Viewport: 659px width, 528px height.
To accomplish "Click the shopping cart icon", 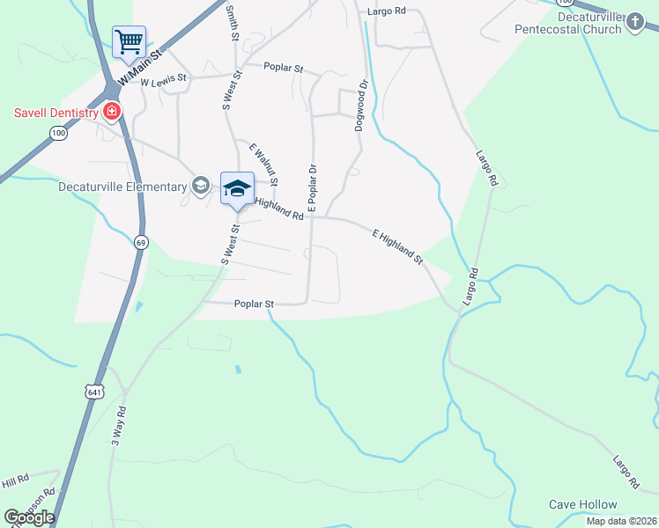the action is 129,40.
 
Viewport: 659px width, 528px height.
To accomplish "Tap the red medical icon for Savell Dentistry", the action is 112,111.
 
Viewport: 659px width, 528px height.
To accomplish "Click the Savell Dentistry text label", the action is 53,112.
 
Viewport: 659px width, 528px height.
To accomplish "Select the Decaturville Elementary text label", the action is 122,187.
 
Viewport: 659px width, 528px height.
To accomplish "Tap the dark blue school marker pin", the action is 237,188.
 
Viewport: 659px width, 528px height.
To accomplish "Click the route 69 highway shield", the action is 140,242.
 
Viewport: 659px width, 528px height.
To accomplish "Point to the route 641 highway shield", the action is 91,392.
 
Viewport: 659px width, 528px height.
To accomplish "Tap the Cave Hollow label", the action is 582,504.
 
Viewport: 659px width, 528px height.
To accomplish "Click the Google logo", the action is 29,517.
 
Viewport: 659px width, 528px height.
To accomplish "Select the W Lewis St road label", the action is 165,81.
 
